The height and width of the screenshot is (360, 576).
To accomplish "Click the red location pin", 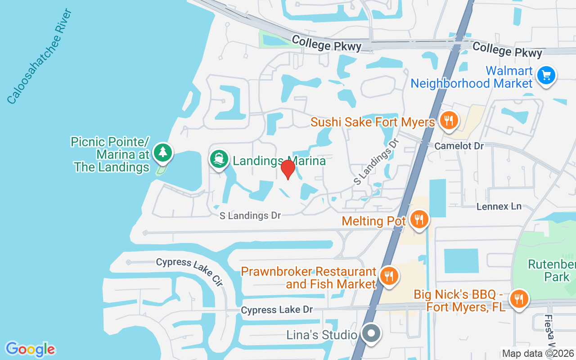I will [x=288, y=169].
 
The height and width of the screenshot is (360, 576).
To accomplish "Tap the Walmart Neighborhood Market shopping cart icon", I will [x=546, y=75].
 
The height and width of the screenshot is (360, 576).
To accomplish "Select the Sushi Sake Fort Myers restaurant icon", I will [x=448, y=120].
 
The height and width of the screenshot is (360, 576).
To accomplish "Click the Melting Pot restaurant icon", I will [x=419, y=219].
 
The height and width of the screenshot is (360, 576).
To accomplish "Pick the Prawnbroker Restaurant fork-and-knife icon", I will [x=388, y=275].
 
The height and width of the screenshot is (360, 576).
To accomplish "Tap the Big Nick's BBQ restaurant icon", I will [x=519, y=298].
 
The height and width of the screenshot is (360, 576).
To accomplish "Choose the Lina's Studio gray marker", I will [x=371, y=334].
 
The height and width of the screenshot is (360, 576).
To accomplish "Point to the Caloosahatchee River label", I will [x=40, y=56].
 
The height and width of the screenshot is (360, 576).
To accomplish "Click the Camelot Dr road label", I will [x=459, y=146].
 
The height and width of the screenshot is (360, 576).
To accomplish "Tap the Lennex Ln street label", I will [x=499, y=207].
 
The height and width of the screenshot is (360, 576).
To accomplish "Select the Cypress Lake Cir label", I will [x=189, y=272].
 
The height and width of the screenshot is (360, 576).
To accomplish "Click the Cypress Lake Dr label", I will [x=277, y=310].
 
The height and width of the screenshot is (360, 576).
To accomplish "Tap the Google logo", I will [x=30, y=349].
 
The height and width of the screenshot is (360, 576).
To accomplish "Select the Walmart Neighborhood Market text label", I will [x=471, y=77].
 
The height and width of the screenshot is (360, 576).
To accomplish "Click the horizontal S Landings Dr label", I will [x=250, y=216].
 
